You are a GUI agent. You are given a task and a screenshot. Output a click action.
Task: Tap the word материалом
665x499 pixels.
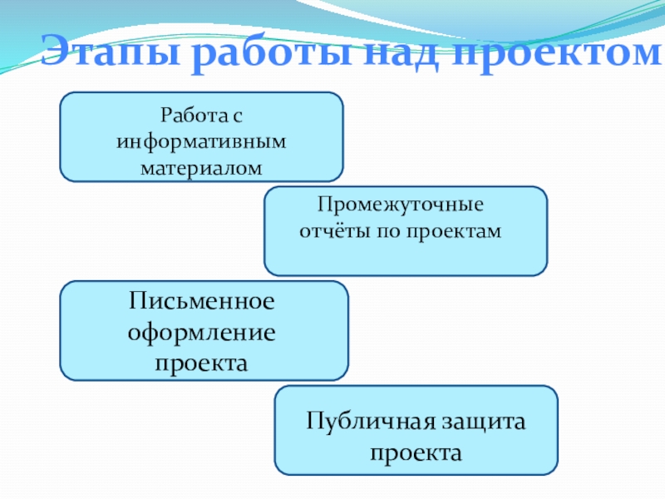(x=201, y=168)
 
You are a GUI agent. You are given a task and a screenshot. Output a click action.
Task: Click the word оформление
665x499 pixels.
(x=201, y=333)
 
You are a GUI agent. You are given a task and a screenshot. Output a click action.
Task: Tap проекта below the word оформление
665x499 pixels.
(x=201, y=363)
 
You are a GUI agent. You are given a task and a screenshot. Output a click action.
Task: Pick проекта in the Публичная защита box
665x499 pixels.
(x=416, y=454)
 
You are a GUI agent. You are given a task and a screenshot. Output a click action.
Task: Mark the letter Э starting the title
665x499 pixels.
(x=57, y=52)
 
